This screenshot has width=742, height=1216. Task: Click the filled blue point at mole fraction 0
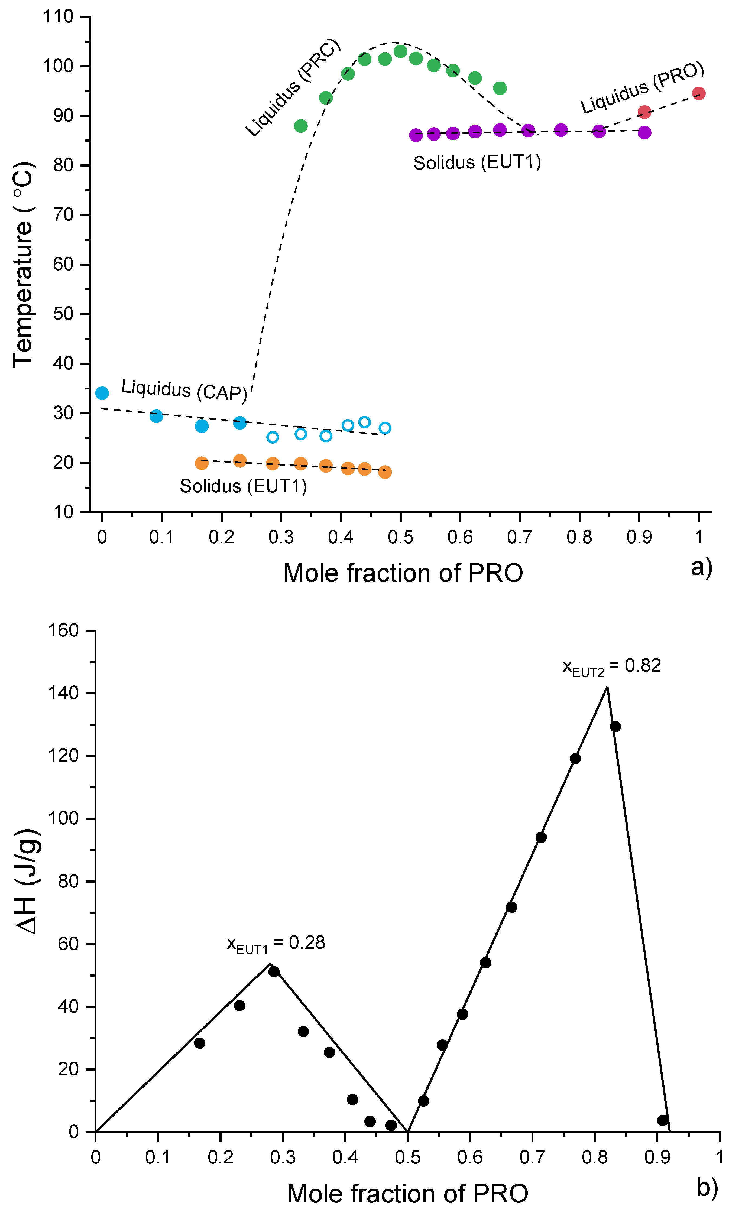point(102,393)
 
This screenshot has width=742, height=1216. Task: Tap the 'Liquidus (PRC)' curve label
point(293,87)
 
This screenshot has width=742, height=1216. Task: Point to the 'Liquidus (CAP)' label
point(184,390)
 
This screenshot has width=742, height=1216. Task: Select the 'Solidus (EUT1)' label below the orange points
point(243,486)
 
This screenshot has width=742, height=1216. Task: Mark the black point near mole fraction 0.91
point(663,1120)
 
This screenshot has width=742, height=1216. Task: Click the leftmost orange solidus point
point(202,463)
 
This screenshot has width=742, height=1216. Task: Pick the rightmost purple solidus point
point(644,132)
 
